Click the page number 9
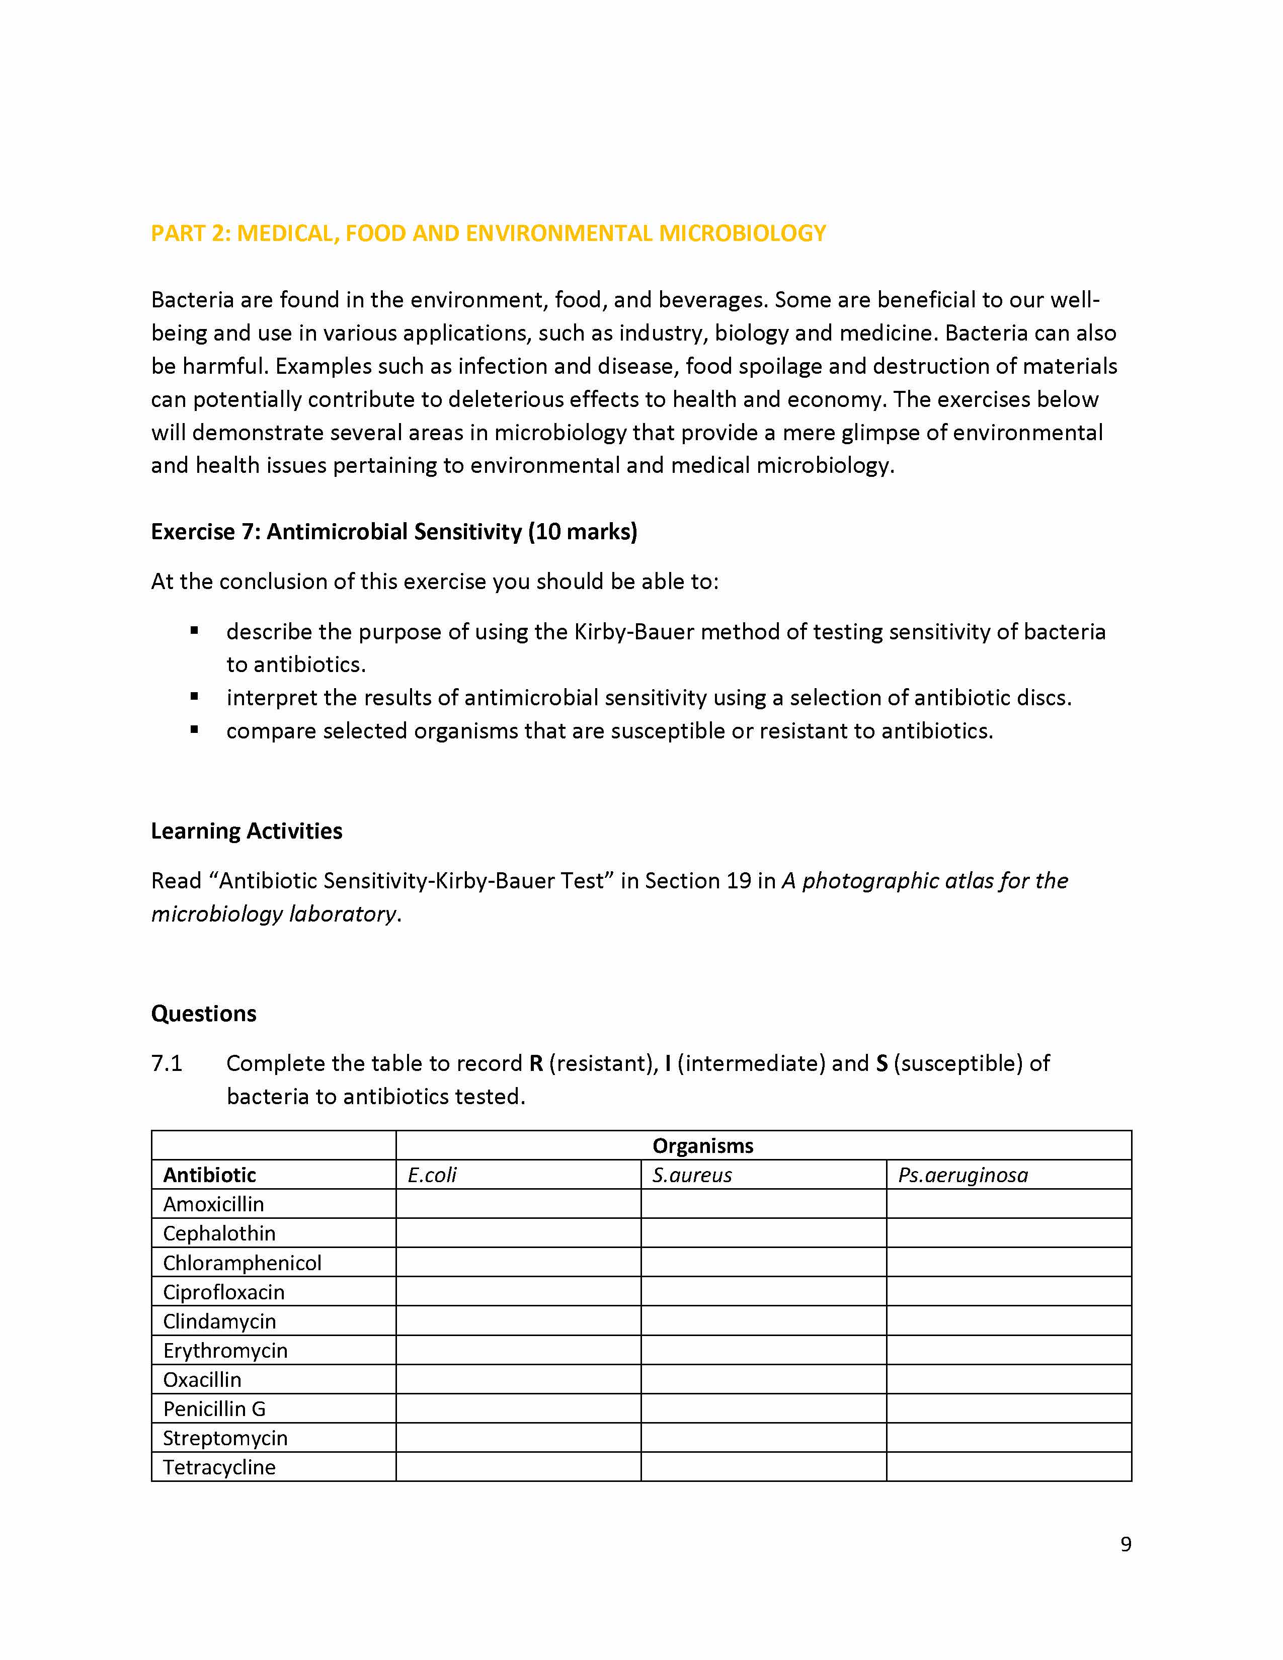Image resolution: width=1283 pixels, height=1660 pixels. [x=1125, y=1544]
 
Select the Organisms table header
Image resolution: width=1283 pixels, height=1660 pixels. [x=702, y=1145]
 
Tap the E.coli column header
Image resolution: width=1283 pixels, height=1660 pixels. [x=432, y=1175]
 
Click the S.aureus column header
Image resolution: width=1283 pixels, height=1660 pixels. [x=692, y=1175]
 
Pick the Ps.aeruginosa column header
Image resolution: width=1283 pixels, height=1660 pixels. [x=962, y=1175]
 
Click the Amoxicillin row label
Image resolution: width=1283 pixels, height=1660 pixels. [x=213, y=1204]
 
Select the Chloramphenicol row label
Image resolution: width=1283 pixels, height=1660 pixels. [x=242, y=1263]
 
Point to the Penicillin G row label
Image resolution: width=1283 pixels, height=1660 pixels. [x=214, y=1408]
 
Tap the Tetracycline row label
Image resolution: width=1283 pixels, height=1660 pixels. [x=219, y=1467]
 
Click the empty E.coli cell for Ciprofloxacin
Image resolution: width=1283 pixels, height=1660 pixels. [x=518, y=1291]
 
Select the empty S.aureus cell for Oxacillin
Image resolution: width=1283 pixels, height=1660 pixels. [x=763, y=1379]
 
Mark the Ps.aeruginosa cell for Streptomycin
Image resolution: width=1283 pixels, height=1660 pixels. [x=1009, y=1438]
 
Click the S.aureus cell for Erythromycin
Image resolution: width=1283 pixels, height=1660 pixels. [x=763, y=1351]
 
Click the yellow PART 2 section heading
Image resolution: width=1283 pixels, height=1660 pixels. [x=488, y=233]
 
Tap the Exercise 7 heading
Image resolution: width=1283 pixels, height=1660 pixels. [x=394, y=531]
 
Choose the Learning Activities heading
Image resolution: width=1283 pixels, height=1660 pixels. [x=246, y=831]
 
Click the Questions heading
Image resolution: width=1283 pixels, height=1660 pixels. [x=204, y=1013]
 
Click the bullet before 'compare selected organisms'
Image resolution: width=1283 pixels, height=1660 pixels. [x=195, y=730]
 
